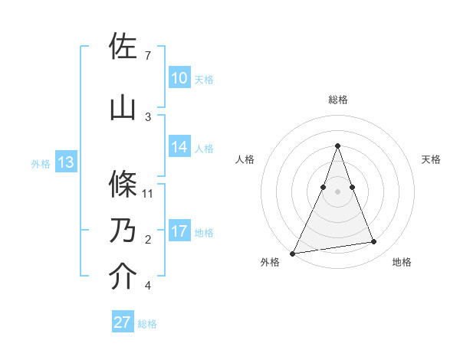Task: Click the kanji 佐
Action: click(123, 47)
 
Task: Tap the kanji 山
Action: click(123, 107)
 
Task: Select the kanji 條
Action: click(123, 184)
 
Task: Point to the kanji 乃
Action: click(123, 231)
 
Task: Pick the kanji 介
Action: click(123, 277)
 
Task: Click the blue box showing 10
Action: click(179, 78)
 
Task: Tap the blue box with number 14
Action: click(179, 148)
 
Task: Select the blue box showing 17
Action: click(179, 232)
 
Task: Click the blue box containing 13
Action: click(65, 162)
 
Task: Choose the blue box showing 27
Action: click(123, 322)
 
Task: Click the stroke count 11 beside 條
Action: click(149, 193)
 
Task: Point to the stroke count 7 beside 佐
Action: click(148, 56)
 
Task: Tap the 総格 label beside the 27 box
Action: click(147, 324)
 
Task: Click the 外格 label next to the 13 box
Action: click(40, 163)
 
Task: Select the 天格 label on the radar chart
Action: click(431, 159)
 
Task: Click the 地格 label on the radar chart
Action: click(402, 262)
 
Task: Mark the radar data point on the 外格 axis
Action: click(293, 253)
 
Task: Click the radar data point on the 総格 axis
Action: click(337, 146)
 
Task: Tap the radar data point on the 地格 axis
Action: click(374, 242)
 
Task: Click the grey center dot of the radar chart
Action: click(337, 191)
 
